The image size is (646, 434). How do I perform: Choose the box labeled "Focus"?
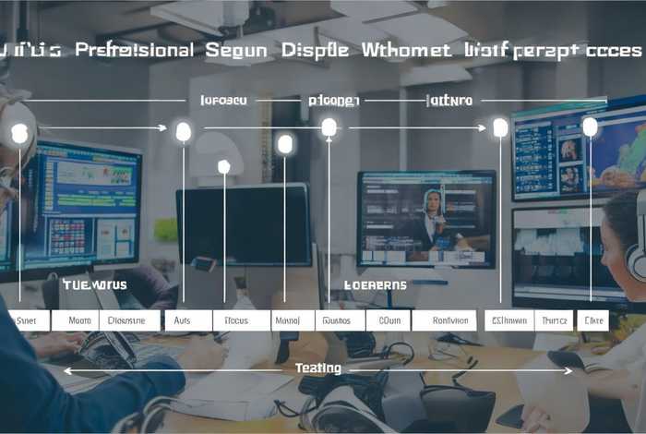coord(236,320)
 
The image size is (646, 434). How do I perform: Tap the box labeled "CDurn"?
coord(389,320)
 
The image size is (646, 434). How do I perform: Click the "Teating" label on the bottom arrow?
coord(318,368)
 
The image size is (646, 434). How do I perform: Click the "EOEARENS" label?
coord(375,285)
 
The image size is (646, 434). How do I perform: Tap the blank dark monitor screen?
coord(243,224)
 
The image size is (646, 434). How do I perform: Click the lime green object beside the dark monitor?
coord(166,229)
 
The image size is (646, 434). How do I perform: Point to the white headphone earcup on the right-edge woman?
coord(638,259)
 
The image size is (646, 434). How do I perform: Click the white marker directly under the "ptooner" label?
coord(329,127)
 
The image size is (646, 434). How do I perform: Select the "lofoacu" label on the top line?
coord(223,100)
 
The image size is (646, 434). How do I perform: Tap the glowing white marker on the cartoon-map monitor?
coord(590,127)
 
